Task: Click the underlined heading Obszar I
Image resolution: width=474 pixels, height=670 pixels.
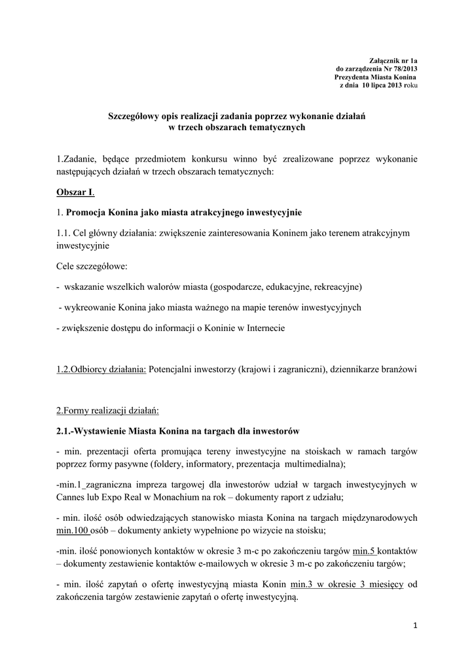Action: click(x=75, y=194)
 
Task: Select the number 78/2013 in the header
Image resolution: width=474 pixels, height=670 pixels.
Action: click(x=403, y=69)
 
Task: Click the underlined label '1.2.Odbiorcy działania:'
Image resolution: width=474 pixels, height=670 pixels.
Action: click(x=101, y=369)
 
